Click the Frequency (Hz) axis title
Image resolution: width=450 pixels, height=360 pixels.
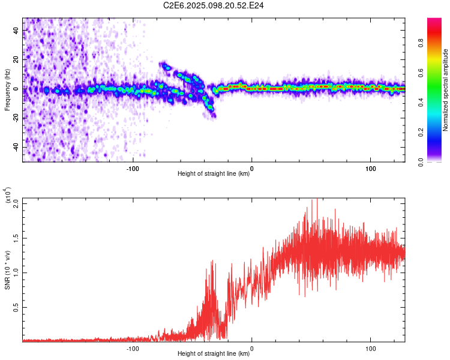click(7, 90)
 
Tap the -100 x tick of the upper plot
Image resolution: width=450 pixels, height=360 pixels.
click(133, 168)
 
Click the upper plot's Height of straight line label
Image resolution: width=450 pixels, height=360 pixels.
click(214, 174)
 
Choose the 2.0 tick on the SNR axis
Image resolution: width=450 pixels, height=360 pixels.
click(16, 203)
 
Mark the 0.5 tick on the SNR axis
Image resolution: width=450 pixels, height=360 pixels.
click(16, 307)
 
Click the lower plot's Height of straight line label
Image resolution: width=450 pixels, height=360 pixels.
click(214, 354)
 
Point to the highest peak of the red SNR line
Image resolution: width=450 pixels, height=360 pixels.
click(317, 200)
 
